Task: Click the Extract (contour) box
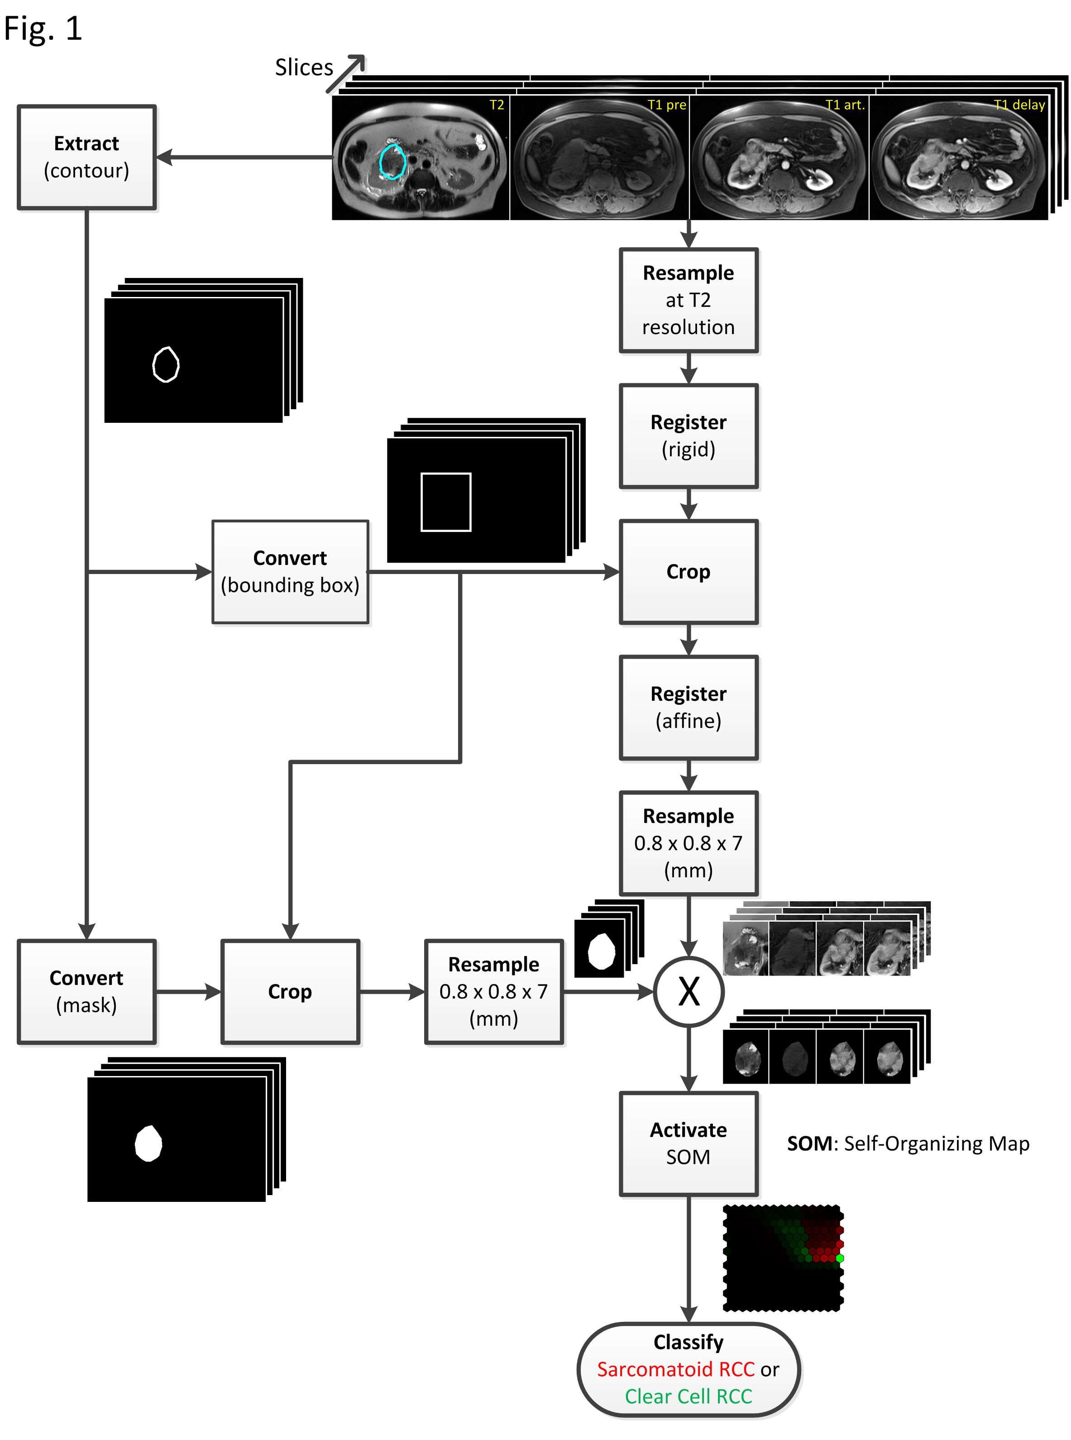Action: (86, 157)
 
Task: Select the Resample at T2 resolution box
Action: (688, 300)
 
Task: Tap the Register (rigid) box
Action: (688, 435)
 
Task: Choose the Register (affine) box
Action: (688, 708)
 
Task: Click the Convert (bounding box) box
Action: (290, 572)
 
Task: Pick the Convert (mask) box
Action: (86, 991)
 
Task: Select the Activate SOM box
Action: (688, 1143)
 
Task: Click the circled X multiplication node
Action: (688, 991)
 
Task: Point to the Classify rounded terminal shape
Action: (688, 1368)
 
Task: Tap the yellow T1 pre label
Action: (666, 105)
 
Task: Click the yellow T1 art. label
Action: (845, 105)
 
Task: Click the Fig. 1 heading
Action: (43, 29)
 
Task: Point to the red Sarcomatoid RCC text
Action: (675, 1369)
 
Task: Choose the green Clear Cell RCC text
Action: (688, 1396)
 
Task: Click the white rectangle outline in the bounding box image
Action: (445, 502)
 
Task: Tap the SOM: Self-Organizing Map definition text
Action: (908, 1143)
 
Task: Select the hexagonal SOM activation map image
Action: (783, 1258)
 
